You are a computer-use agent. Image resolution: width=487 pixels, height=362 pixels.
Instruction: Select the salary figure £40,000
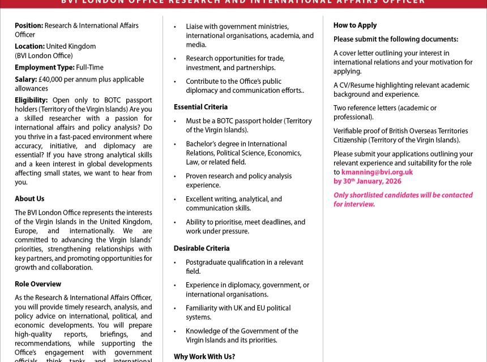click(51, 79)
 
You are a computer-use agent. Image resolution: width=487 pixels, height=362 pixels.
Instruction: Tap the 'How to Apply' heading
click(354, 25)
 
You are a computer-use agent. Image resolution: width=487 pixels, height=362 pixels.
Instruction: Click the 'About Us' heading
click(29, 199)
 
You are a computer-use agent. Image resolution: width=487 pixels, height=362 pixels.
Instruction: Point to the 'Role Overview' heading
click(38, 284)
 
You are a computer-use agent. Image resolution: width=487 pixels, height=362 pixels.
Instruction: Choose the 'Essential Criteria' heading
click(200, 107)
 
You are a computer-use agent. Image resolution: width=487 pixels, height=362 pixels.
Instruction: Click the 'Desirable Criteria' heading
click(201, 248)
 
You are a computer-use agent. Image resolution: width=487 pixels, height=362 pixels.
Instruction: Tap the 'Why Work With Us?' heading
click(204, 357)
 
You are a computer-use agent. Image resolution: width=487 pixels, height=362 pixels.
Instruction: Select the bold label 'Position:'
click(29, 25)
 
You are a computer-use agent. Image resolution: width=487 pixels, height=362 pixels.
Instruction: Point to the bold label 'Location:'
click(29, 46)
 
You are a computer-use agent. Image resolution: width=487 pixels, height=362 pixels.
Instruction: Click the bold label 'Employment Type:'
click(45, 67)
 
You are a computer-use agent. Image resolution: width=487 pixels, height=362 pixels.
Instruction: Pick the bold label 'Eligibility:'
click(31, 100)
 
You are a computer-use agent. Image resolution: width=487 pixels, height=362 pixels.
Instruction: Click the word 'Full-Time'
click(90, 67)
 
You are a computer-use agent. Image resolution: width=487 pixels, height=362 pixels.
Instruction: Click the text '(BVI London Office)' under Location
click(44, 55)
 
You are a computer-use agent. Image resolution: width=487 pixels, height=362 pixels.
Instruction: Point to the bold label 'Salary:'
click(25, 79)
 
